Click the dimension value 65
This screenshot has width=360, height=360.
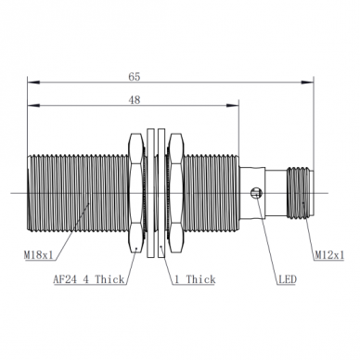click(135, 76)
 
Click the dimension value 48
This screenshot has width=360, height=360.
click(135, 100)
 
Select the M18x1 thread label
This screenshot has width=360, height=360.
click(39, 255)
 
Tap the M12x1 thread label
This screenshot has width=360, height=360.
click(329, 255)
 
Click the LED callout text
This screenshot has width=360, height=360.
click(288, 279)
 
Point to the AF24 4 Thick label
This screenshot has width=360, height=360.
click(89, 279)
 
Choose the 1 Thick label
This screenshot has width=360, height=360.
click(195, 279)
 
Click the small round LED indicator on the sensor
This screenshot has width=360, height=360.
click(256, 194)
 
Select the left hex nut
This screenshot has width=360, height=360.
click(136, 194)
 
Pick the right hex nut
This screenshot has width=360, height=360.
click(176, 194)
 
